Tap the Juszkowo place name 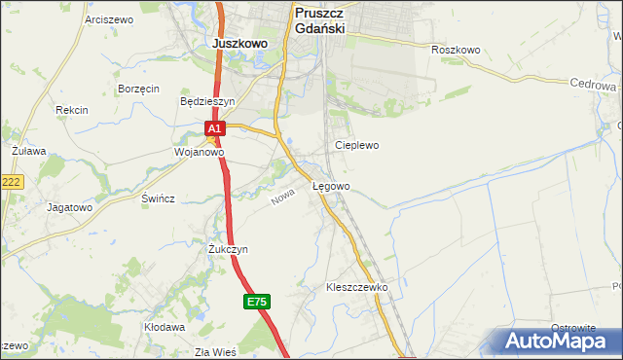pyautogui.click(x=239, y=44)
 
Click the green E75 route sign pyautogui.click(x=256, y=303)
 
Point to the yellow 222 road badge pyautogui.click(x=11, y=182)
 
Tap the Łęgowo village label pyautogui.click(x=331, y=185)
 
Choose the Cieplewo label pyautogui.click(x=356, y=145)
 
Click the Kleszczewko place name pyautogui.click(x=357, y=288)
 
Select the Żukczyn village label pyautogui.click(x=228, y=249)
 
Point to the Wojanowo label pyautogui.click(x=199, y=153)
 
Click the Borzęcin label pyautogui.click(x=138, y=88)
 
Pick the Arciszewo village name pyautogui.click(x=108, y=19)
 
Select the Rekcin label pyautogui.click(x=72, y=110)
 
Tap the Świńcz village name pyautogui.click(x=158, y=198)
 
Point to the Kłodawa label pyautogui.click(x=165, y=328)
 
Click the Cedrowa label pyautogui.click(x=589, y=84)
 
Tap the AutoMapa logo pyautogui.click(x=557, y=342)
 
